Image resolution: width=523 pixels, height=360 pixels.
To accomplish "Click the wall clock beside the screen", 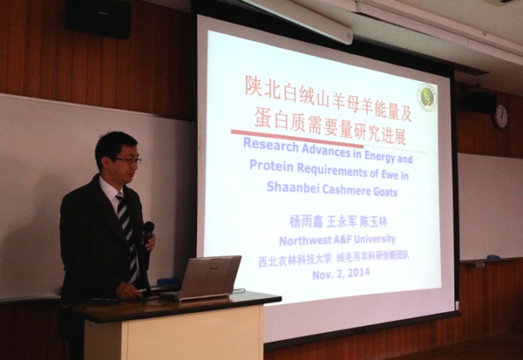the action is [500, 117].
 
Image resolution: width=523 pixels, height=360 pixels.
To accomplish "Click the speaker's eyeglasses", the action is [129, 160].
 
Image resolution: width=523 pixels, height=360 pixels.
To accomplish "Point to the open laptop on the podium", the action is [204, 278].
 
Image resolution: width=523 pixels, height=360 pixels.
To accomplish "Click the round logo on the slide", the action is [427, 97].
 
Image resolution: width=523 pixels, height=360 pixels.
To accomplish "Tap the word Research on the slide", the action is [271, 145].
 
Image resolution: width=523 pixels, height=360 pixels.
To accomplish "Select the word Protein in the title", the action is [271, 166].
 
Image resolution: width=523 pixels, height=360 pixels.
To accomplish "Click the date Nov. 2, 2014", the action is [341, 274].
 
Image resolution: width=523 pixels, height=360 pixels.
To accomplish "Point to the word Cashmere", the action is [341, 190].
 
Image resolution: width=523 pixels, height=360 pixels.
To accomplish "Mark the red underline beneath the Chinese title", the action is [297, 139].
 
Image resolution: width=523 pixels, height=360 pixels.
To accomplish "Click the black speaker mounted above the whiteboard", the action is [98, 18].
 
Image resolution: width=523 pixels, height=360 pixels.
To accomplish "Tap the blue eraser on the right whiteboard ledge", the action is [493, 257].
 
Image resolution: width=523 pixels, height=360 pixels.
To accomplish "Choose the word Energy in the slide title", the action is [379, 156].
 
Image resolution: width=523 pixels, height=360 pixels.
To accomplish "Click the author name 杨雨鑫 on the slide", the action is [306, 221].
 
